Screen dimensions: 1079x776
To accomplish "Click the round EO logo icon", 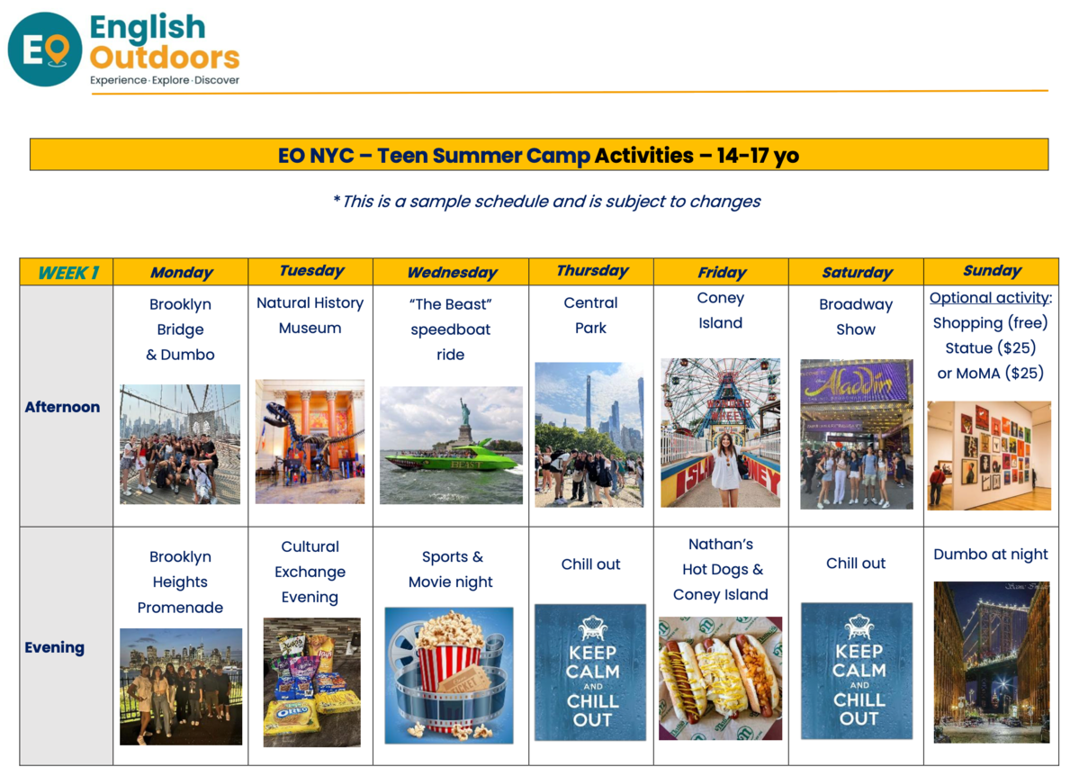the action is click(45, 50).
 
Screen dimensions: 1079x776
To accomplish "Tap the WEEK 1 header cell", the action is click(67, 272).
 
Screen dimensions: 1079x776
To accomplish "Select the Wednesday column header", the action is click(452, 272).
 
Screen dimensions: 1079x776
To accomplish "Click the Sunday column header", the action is click(992, 271).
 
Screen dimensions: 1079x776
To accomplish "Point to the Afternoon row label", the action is click(62, 407).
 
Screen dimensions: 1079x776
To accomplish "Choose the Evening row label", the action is click(54, 647).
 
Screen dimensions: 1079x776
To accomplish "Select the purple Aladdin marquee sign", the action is click(856, 383).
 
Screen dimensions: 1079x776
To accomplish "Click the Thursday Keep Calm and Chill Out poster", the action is click(590, 672).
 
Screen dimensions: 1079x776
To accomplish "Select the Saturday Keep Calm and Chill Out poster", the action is click(857, 672).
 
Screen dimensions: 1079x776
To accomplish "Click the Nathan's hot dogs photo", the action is click(721, 678).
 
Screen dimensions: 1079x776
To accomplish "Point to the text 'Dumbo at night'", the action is click(990, 555).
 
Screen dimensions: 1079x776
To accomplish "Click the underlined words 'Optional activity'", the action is click(989, 297).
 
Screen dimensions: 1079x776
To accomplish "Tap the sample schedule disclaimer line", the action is click(547, 201).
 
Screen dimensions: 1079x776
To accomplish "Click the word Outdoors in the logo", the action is click(165, 57).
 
